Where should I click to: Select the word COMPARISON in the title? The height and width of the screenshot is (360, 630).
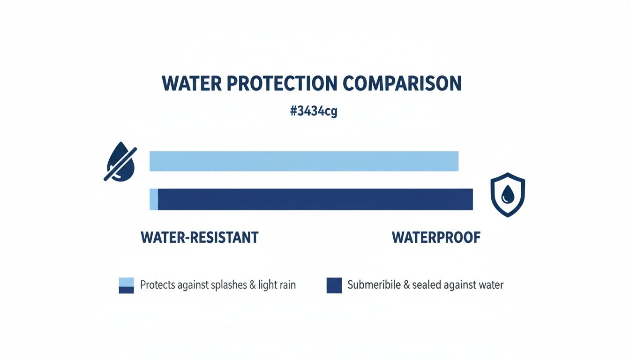(x=402, y=83)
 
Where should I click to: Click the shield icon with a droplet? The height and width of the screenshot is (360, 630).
(x=507, y=195)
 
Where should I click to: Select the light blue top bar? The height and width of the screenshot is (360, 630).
(x=303, y=161)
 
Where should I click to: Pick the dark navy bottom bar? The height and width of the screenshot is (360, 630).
(x=315, y=199)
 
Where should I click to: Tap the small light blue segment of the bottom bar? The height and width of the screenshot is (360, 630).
(x=154, y=199)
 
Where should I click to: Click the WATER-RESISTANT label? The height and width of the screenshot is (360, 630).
(x=199, y=237)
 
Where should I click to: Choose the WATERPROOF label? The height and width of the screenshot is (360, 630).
(x=436, y=237)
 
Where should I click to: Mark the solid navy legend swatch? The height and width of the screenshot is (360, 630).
(x=334, y=285)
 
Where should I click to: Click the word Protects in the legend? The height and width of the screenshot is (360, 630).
(x=157, y=285)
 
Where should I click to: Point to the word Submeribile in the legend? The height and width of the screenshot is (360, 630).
(x=374, y=285)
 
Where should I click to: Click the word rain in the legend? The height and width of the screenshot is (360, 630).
(x=286, y=285)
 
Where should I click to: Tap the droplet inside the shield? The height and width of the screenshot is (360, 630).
(x=507, y=194)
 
